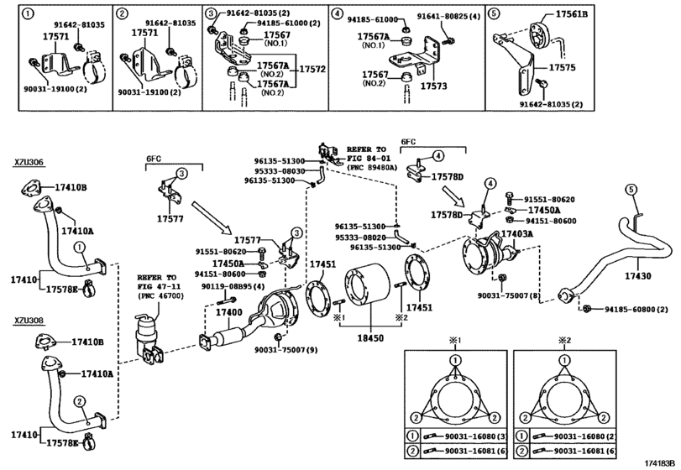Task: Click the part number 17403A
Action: (x=516, y=234)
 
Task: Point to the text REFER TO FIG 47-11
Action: (x=157, y=281)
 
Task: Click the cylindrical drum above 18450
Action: (x=364, y=294)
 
